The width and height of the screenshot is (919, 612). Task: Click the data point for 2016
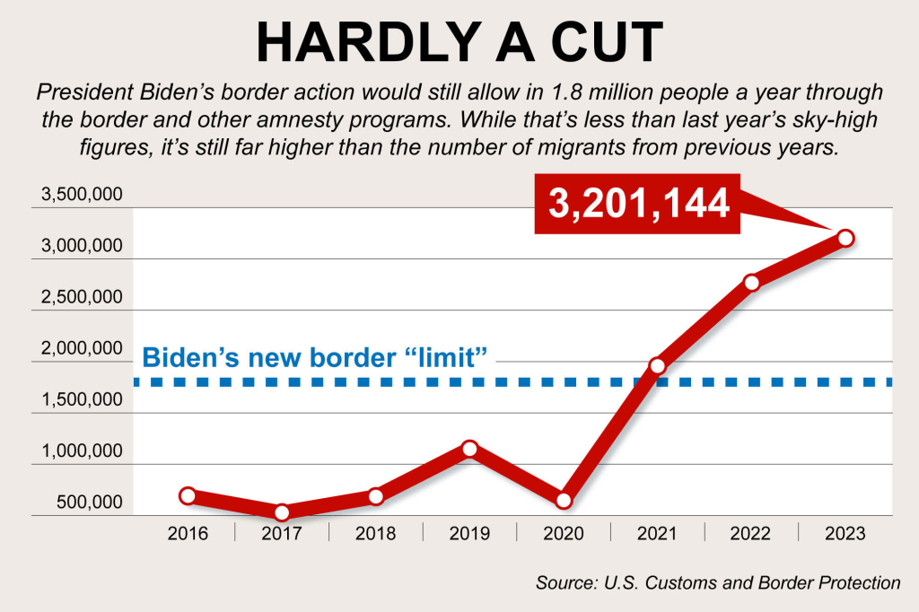pyautogui.click(x=188, y=495)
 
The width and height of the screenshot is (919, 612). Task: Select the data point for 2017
pyautogui.click(x=282, y=512)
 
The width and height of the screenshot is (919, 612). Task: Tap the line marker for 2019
pyautogui.click(x=469, y=449)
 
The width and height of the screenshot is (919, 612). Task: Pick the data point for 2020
pyautogui.click(x=563, y=501)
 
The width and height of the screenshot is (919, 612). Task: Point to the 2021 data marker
pyautogui.click(x=657, y=366)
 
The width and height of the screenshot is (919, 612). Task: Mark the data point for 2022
pyautogui.click(x=751, y=283)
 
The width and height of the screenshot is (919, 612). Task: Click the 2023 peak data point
pyautogui.click(x=845, y=238)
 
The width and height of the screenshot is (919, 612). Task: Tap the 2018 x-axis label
pyautogui.click(x=375, y=534)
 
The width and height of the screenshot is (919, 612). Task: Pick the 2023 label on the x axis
pyautogui.click(x=845, y=534)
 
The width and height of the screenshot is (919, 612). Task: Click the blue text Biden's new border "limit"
pyautogui.click(x=315, y=356)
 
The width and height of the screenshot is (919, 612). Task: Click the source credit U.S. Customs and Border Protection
pyautogui.click(x=718, y=582)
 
